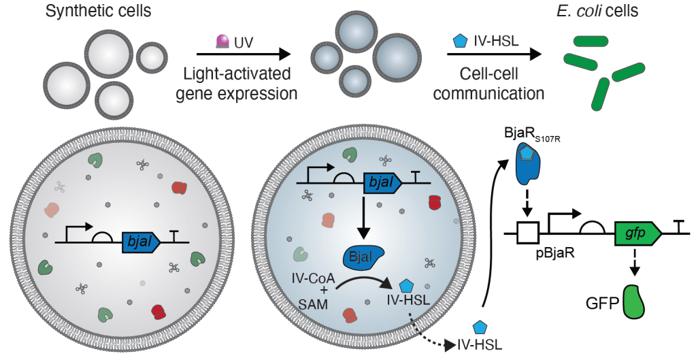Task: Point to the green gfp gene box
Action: [x=639, y=233]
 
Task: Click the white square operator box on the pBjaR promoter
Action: [x=526, y=233]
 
